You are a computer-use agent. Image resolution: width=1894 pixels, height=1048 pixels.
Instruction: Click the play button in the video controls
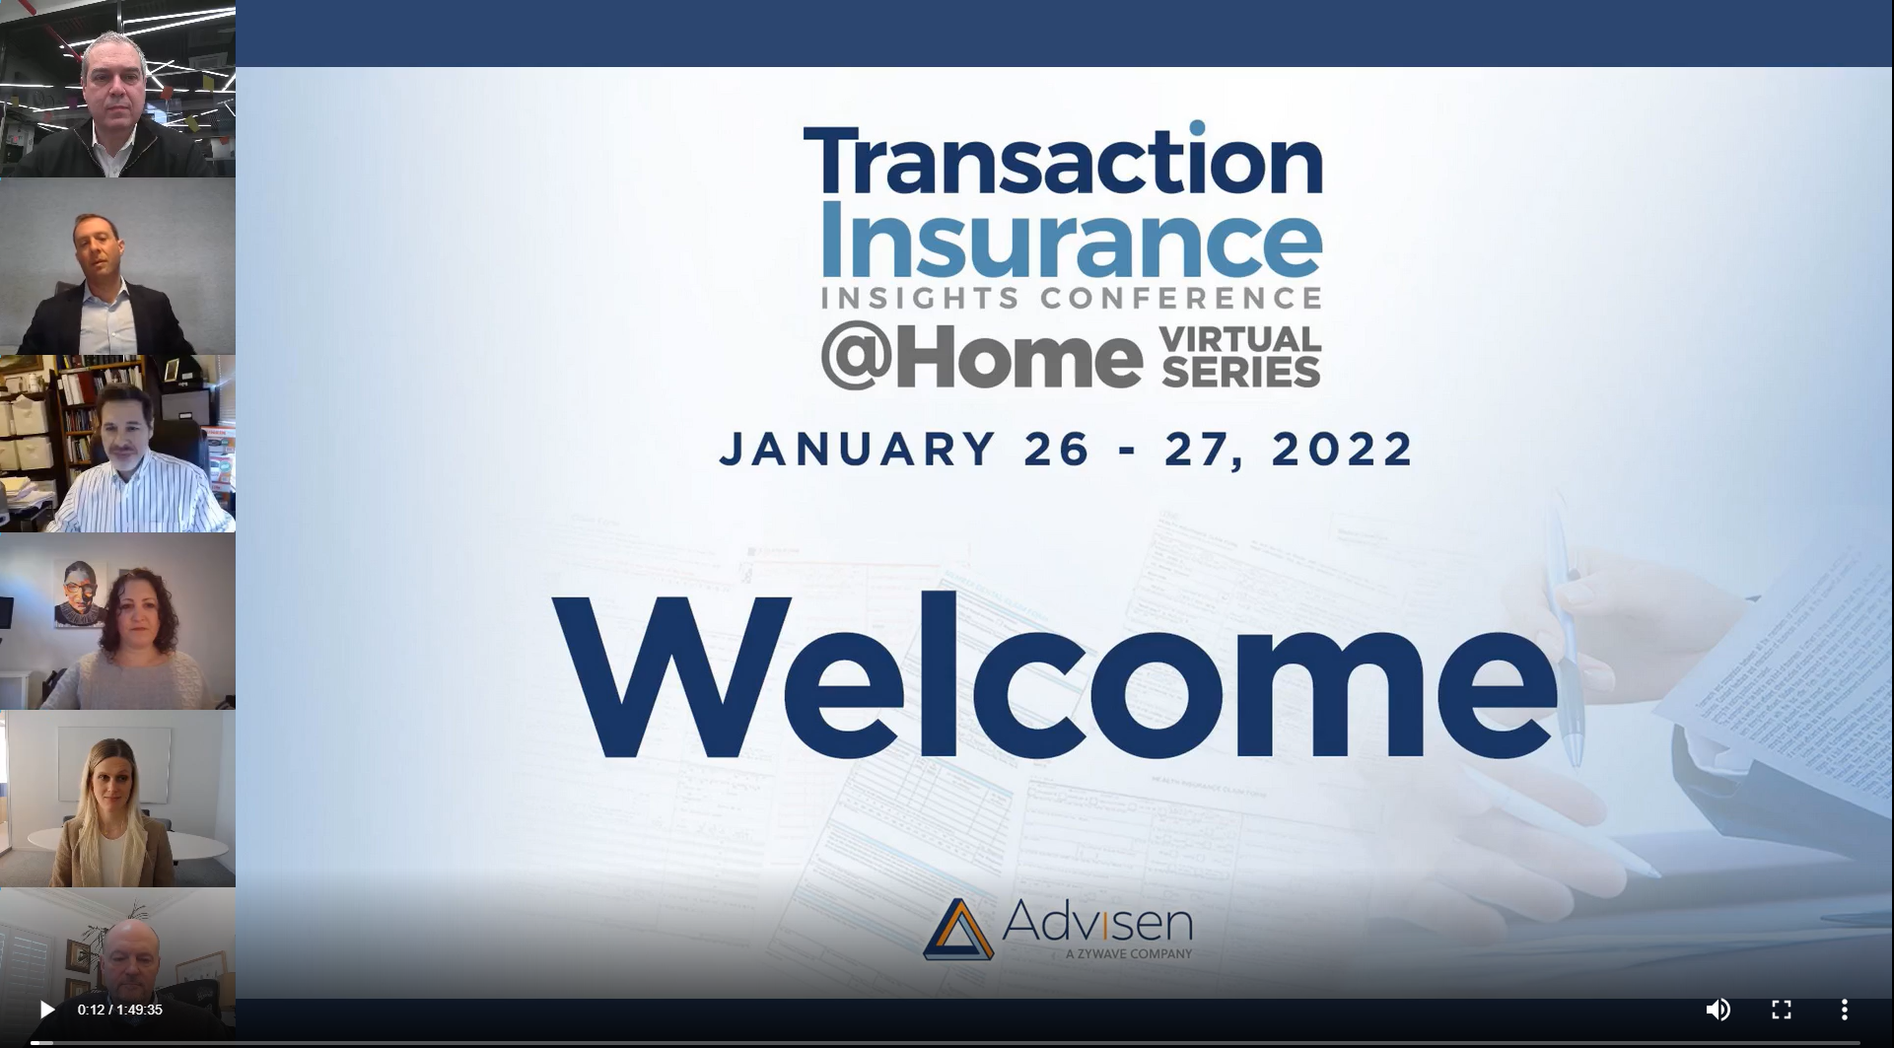46,1010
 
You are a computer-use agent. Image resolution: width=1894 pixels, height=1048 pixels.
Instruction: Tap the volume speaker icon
1718,1010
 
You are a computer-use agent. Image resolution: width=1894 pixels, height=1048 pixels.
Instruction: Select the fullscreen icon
1781,1010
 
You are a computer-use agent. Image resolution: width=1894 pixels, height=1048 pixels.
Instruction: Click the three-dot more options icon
1844,1010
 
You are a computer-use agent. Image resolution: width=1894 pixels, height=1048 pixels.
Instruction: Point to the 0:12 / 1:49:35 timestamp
120,1010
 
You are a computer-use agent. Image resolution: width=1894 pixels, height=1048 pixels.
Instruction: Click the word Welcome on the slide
1055,675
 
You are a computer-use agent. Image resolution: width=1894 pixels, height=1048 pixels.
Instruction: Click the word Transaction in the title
1063,160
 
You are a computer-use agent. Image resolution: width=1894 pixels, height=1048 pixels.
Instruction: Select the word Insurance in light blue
1070,240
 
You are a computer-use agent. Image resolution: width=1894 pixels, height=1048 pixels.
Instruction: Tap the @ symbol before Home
850,357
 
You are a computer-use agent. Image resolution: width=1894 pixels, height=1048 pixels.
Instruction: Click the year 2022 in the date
1343,449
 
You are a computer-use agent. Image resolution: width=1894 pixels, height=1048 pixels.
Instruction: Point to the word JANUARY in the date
858,449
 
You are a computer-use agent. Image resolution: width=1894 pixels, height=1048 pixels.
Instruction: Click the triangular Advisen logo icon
957,929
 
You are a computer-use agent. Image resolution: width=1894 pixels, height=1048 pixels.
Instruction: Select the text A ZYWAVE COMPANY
1129,953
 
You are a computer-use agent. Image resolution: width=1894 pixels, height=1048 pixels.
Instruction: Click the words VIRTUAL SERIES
1240,357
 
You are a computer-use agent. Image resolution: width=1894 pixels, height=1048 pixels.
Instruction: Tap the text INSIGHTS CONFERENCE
1071,298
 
